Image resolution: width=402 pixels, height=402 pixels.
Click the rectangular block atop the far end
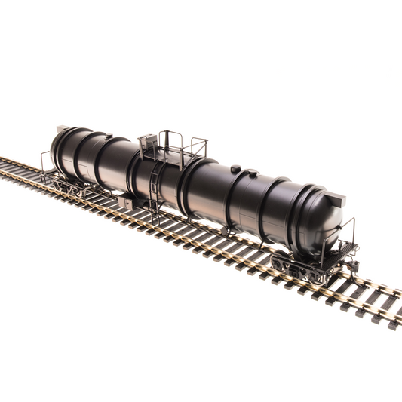63,130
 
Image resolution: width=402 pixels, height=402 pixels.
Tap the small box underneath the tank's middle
128,204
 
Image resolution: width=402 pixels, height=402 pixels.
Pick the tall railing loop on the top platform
171,140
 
